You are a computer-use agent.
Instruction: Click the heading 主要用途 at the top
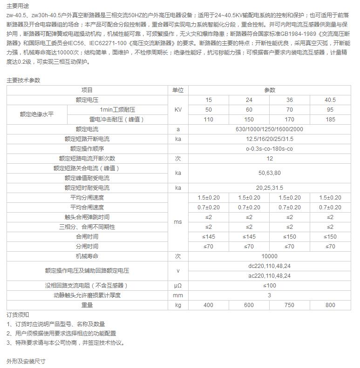[17, 6]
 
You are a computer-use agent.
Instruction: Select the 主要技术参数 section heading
[23, 80]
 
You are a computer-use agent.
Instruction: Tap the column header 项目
[87, 90]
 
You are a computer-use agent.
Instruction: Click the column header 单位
[178, 90]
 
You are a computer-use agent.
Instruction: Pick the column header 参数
[270, 90]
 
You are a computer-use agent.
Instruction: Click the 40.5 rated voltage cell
[330, 100]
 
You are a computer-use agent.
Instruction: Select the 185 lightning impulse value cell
[330, 120]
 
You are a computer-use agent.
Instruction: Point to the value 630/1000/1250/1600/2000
[270, 129]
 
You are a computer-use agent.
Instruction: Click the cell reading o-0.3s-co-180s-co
[270, 149]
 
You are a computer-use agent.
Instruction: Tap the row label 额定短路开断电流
[87, 139]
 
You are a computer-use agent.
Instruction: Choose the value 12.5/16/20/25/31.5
[270, 139]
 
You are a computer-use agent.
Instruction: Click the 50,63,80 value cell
[270, 173]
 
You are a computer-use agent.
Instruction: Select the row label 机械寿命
[87, 256]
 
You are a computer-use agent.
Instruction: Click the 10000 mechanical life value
[270, 256]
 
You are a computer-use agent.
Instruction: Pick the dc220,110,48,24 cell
[270, 266]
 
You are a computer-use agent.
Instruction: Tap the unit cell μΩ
[178, 285]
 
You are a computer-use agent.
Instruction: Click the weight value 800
[330, 305]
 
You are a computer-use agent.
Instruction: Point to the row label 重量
[87, 305]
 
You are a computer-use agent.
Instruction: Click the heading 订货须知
[18, 315]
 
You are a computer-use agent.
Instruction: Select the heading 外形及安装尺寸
[26, 361]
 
